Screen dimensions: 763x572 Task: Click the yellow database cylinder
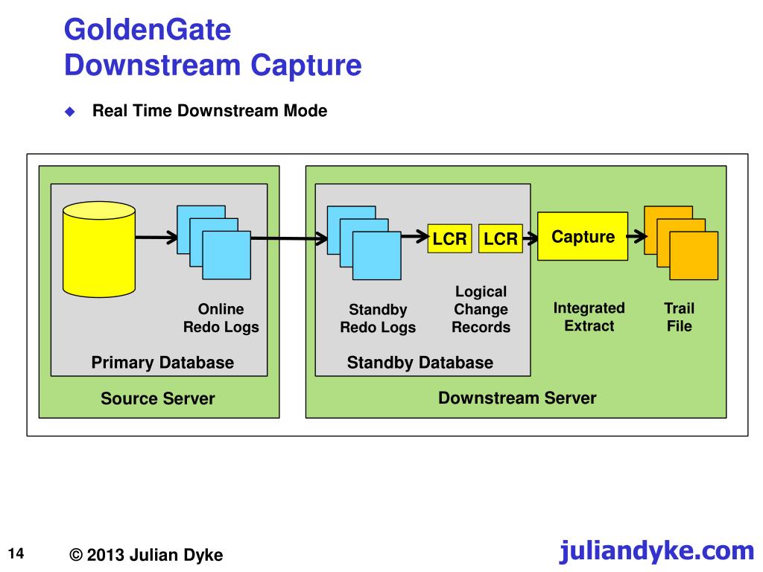point(99,249)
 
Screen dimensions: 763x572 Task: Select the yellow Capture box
point(583,236)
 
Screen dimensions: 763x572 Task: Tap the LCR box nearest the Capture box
point(500,238)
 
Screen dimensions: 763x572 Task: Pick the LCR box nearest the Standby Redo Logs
point(449,238)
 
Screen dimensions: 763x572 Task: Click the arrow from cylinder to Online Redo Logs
point(156,238)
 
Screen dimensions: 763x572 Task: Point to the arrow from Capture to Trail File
point(636,237)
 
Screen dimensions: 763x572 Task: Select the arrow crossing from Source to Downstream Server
point(289,238)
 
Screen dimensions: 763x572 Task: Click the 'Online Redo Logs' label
point(221,317)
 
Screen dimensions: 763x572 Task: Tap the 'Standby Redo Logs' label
point(378,318)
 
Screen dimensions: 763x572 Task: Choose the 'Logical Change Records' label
point(481,309)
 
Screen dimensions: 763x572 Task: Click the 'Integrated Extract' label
point(589,317)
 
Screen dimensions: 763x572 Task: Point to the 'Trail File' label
point(679,317)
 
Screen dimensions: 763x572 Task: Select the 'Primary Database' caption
point(162,363)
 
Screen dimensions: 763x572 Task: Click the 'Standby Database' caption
point(420,363)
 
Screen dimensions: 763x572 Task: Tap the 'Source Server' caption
point(158,398)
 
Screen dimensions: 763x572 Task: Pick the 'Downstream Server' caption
point(517,398)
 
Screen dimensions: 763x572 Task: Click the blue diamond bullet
point(70,112)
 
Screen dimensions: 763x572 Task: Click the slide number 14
point(16,553)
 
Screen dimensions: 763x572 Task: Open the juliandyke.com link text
point(656,551)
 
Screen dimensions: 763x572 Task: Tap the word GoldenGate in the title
point(148,30)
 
